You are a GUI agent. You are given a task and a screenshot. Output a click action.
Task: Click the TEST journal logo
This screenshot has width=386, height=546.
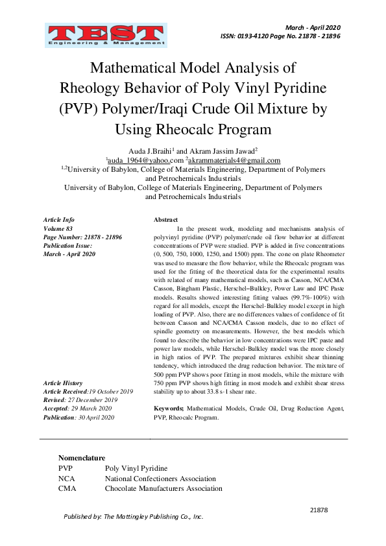[x=105, y=36]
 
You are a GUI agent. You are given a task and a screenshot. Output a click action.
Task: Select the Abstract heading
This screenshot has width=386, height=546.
[x=165, y=220]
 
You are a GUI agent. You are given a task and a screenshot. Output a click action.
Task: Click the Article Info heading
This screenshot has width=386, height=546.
[x=59, y=220]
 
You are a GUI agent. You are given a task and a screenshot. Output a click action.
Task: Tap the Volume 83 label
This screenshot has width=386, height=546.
[x=58, y=229]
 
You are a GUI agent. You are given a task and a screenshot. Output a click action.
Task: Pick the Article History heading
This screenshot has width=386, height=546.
[x=63, y=384]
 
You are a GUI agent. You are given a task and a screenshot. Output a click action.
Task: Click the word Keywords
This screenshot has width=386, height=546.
[x=169, y=410]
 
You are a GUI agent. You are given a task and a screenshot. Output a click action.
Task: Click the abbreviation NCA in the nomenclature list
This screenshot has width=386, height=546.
[x=67, y=478]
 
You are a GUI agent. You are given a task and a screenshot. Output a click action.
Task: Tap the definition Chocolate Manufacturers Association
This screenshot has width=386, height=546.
[x=163, y=488]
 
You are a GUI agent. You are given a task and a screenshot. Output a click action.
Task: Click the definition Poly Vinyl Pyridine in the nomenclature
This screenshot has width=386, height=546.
[x=136, y=468]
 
